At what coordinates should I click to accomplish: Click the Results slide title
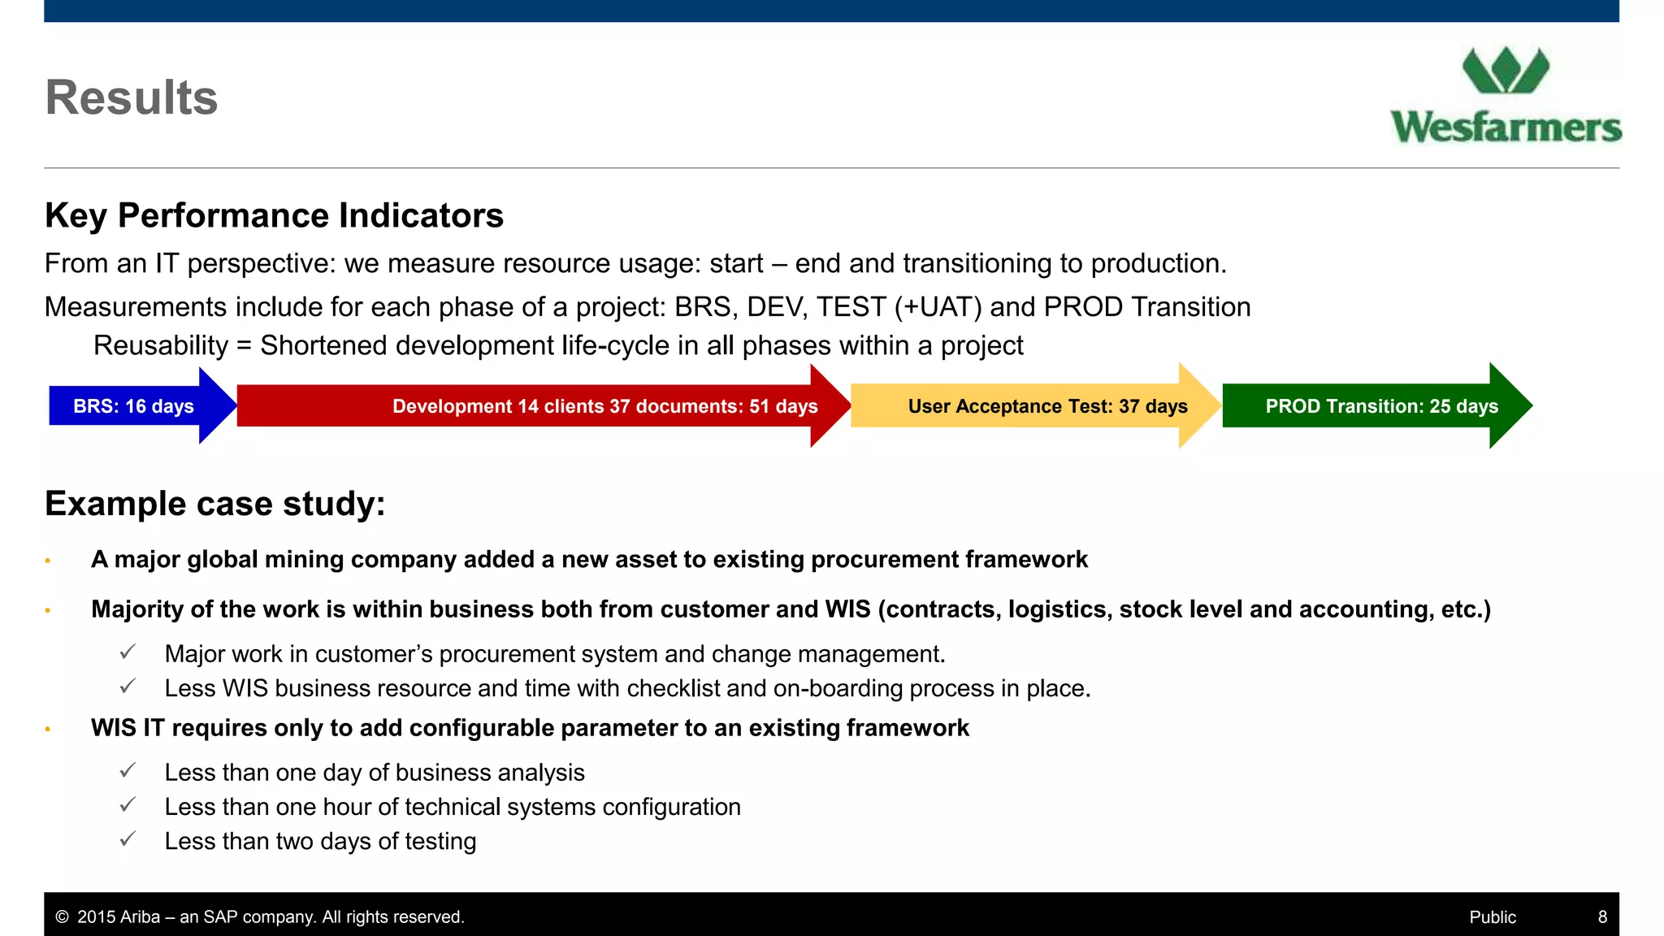tap(132, 97)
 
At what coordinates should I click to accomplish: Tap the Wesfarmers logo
tap(1506, 96)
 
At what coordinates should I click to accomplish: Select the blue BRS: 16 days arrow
tap(134, 406)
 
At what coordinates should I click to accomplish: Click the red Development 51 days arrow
tap(604, 406)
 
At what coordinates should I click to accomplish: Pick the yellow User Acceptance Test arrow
tap(1047, 406)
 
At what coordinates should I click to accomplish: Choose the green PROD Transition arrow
tap(1381, 406)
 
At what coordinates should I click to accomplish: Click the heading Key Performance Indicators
tap(274, 216)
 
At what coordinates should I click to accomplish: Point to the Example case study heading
tap(214, 504)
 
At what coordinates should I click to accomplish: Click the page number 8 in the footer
tap(1602, 917)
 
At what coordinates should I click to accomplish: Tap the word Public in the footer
tap(1493, 917)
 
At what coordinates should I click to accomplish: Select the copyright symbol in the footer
tap(62, 917)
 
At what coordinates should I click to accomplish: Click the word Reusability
tap(161, 346)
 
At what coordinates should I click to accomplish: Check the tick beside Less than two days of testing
tap(128, 839)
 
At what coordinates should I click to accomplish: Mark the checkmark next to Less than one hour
tap(128, 805)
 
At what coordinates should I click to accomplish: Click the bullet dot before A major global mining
tap(48, 561)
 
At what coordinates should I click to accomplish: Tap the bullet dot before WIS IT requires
tap(48, 729)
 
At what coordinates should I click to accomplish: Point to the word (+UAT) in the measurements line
tap(938, 307)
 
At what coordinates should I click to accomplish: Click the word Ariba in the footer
tap(141, 917)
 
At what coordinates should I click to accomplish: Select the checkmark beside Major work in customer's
tap(128, 652)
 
